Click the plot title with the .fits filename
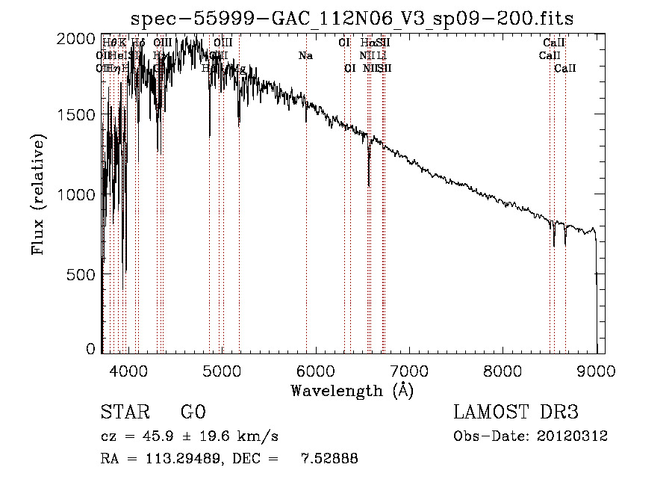point(352,19)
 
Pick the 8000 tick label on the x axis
point(503,370)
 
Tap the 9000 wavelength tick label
point(596,370)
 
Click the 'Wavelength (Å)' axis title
point(352,390)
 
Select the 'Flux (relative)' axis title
point(38,194)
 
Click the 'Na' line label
point(305,56)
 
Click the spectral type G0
point(193,413)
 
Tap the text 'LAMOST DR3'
point(516,413)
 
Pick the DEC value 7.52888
point(329,459)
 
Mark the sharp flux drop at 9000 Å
point(597,262)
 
